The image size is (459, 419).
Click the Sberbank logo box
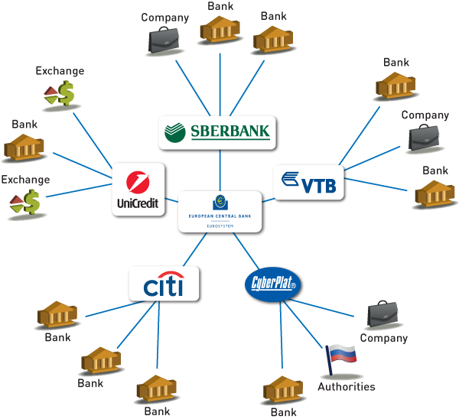(x=218, y=132)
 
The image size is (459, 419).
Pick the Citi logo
(x=164, y=286)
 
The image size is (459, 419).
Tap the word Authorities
(x=346, y=386)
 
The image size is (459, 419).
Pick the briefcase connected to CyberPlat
(x=382, y=313)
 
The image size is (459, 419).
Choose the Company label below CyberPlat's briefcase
(x=383, y=337)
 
